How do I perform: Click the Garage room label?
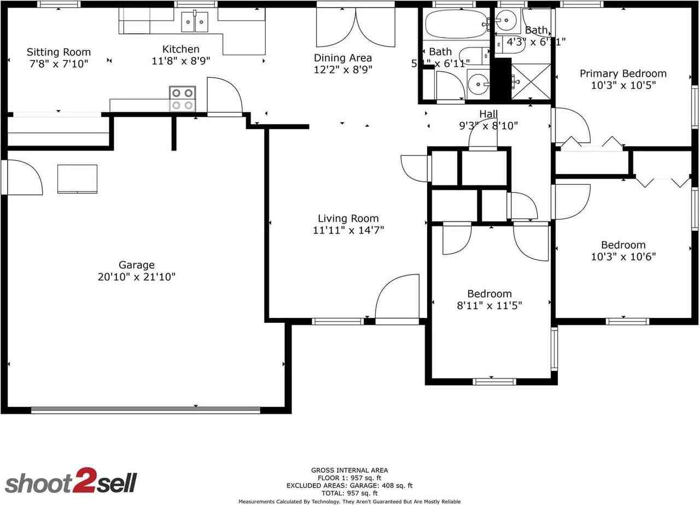pyautogui.click(x=136, y=265)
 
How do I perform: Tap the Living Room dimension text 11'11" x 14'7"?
pyautogui.click(x=348, y=230)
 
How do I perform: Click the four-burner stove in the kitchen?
pyautogui.click(x=183, y=98)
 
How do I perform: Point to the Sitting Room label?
pyautogui.click(x=59, y=52)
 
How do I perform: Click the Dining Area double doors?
pyautogui.click(x=355, y=27)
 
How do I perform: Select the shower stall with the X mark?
pyautogui.click(x=530, y=82)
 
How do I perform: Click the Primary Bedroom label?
pyautogui.click(x=623, y=73)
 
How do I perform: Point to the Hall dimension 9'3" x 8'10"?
pyautogui.click(x=488, y=125)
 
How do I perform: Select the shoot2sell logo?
pyautogui.click(x=71, y=481)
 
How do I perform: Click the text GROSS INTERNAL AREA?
pyautogui.click(x=349, y=470)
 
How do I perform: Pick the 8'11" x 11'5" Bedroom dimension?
pyautogui.click(x=489, y=305)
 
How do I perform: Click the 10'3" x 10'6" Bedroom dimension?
pyautogui.click(x=623, y=257)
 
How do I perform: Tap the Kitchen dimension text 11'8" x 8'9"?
pyautogui.click(x=180, y=61)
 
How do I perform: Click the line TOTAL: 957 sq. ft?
pyautogui.click(x=349, y=493)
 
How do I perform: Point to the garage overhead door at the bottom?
pyautogui.click(x=145, y=409)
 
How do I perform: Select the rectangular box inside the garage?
pyautogui.click(x=77, y=179)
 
